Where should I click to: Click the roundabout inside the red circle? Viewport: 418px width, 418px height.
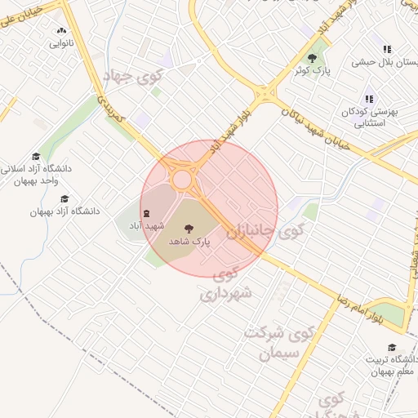point(181,179)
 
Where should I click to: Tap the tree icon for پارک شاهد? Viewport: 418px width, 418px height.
point(189,229)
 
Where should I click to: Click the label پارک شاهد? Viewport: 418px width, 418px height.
point(189,242)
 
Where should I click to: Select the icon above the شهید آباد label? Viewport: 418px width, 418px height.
point(146,213)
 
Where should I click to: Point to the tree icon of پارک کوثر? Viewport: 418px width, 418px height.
point(312,58)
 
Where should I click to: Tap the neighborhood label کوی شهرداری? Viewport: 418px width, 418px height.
point(226,282)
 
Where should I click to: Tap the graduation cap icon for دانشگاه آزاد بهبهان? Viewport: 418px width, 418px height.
point(65,198)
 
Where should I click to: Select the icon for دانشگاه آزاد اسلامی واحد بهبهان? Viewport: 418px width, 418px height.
point(36,156)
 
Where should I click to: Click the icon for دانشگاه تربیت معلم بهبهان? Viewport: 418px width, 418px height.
point(393,347)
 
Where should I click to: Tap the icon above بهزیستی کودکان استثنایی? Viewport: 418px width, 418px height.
point(369,99)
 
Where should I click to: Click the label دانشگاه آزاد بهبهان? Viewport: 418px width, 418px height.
point(65,211)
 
